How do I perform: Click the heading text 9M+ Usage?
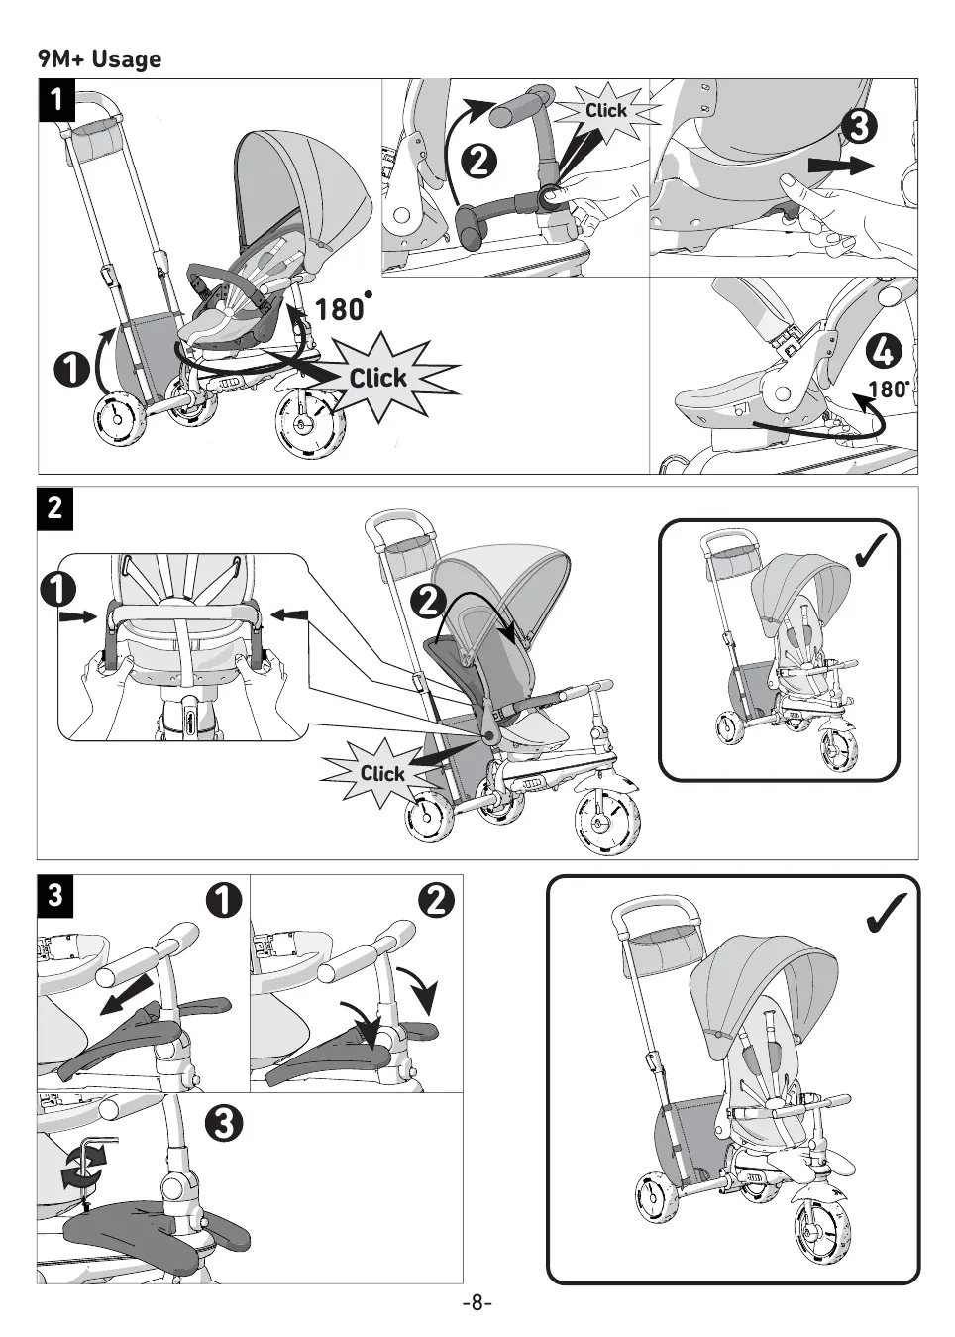(x=99, y=59)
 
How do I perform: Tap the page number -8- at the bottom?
(x=477, y=1302)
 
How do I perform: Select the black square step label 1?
(x=57, y=100)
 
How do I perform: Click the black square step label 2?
(x=55, y=507)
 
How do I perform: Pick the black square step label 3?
(x=55, y=895)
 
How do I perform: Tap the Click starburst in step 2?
(x=382, y=774)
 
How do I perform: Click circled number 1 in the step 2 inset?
(x=59, y=589)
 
